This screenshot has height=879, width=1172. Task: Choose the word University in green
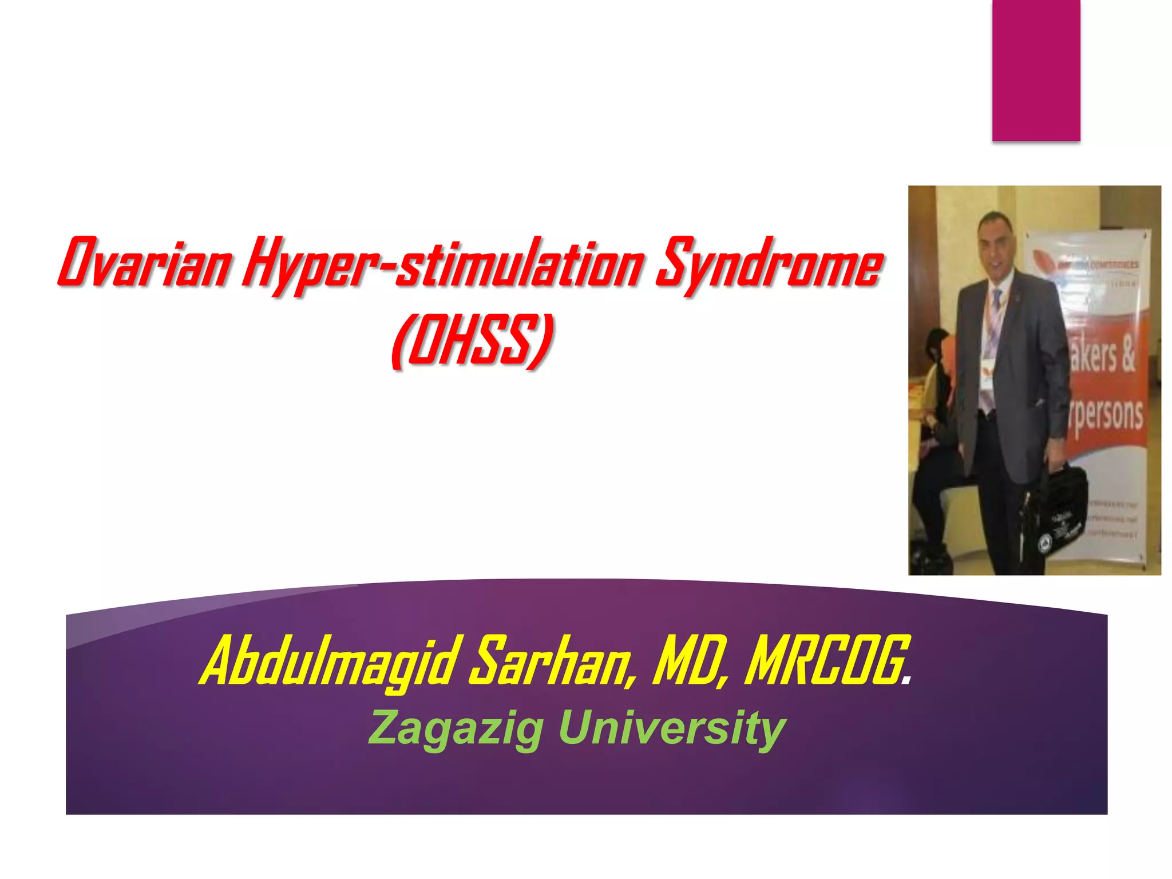[x=672, y=728]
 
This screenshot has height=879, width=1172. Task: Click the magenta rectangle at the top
[x=1036, y=70]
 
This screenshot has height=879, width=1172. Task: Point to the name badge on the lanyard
[x=988, y=382]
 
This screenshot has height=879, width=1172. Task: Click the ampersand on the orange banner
[x=1126, y=356]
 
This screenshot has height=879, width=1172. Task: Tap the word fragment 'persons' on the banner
[x=1107, y=414]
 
